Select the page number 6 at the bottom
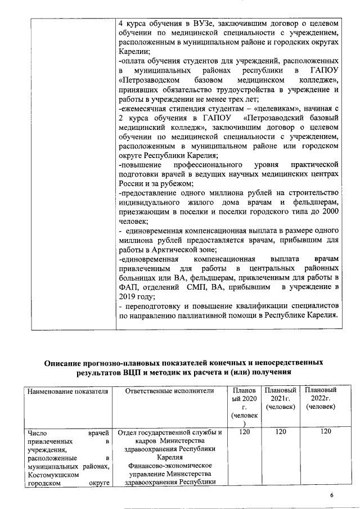[x=331, y=494]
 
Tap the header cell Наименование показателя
[x=61, y=391]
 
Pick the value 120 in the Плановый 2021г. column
[x=281, y=432]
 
